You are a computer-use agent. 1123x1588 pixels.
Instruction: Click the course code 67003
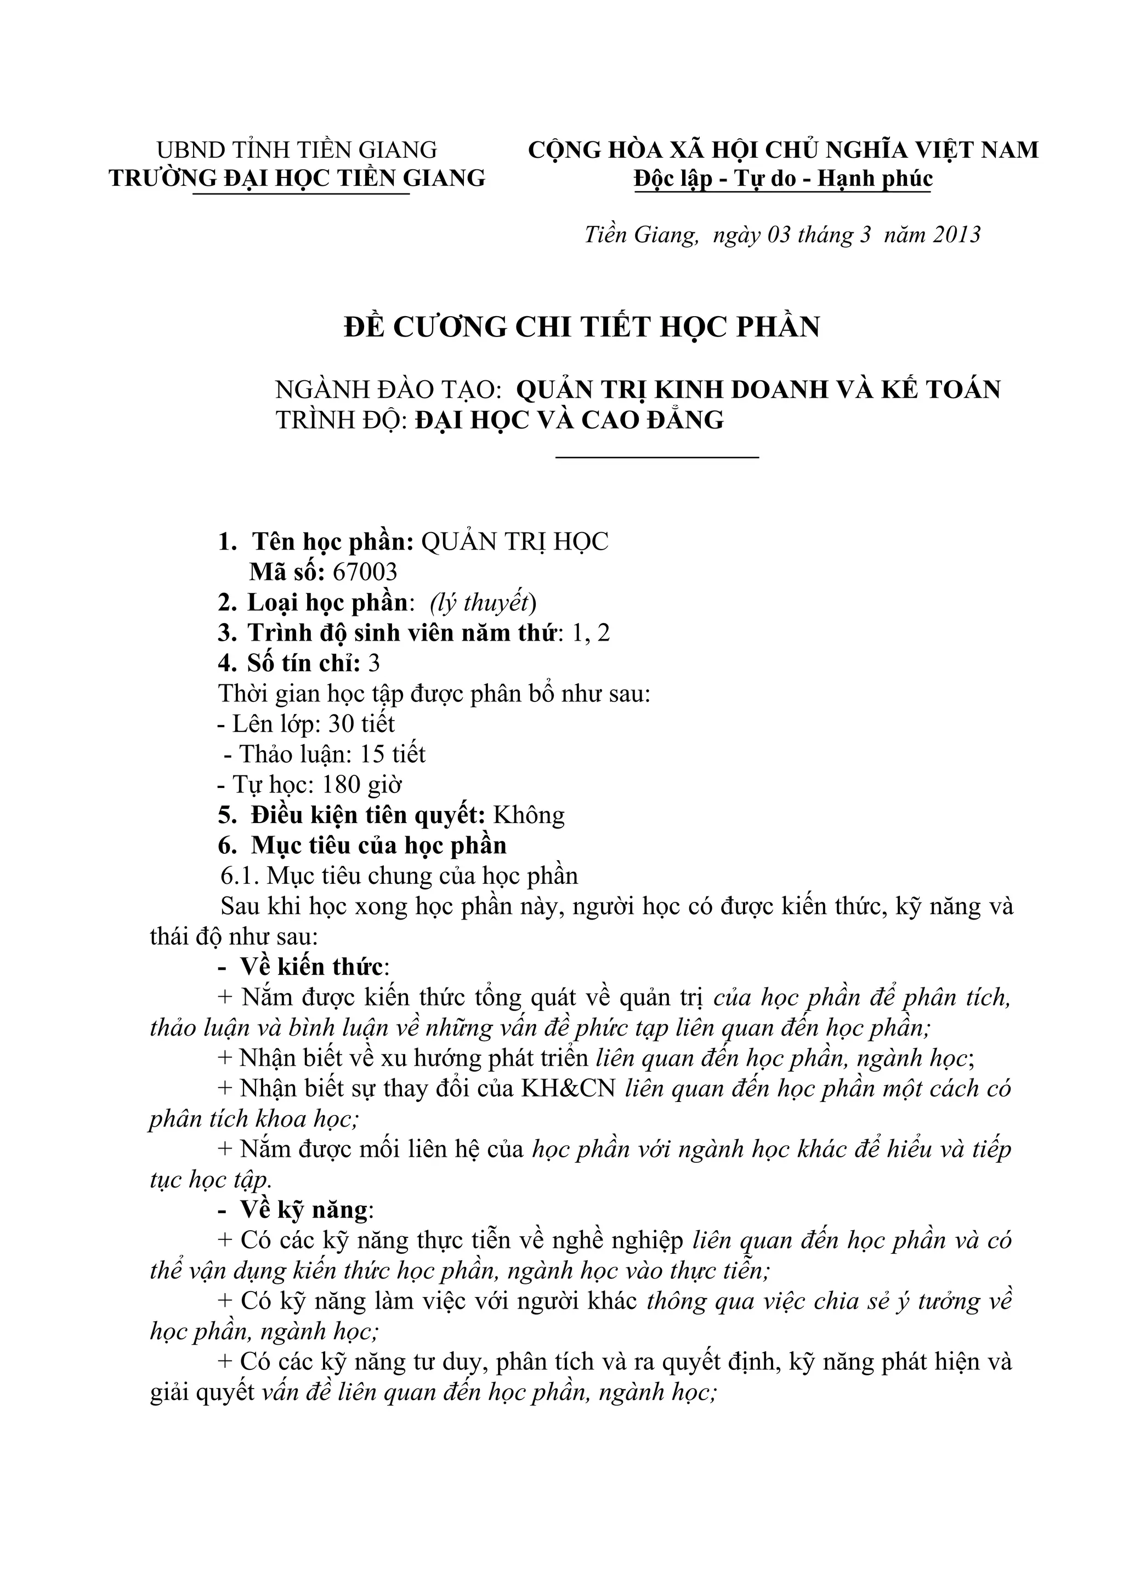coord(365,572)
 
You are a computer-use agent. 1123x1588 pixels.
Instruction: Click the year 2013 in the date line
coord(957,235)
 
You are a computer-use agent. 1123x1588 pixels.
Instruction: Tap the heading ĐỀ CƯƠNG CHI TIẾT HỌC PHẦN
coord(582,327)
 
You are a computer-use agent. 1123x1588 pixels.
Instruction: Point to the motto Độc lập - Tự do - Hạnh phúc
coord(783,179)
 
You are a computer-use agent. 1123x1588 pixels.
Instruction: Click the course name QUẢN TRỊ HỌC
coord(515,541)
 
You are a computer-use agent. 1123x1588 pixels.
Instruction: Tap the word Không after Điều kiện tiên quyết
coord(529,815)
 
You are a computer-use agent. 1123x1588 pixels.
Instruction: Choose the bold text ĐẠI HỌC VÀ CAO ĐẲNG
coord(570,420)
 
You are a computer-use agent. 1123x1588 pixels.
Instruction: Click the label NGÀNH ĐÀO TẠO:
coord(388,390)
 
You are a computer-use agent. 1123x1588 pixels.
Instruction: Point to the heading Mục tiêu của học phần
coord(378,845)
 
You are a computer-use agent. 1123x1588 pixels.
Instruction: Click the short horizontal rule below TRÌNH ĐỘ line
coord(657,456)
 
